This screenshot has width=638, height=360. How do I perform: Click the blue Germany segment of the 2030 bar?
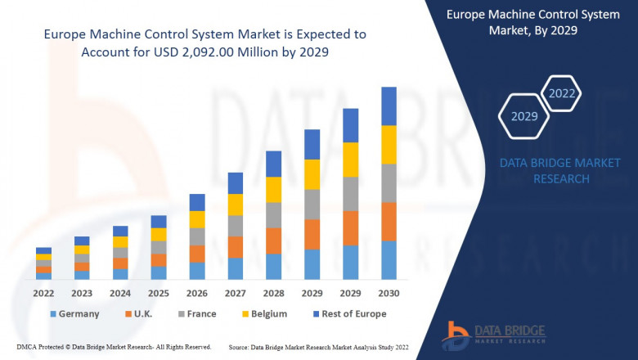(x=389, y=260)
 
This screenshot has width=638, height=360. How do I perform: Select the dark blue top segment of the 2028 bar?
(x=273, y=164)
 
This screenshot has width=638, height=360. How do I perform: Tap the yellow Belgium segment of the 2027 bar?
(x=235, y=205)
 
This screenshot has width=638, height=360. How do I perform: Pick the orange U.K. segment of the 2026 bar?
(x=197, y=254)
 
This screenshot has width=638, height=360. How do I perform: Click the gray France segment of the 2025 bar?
(x=159, y=247)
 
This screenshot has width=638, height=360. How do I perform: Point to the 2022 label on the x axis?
(x=44, y=293)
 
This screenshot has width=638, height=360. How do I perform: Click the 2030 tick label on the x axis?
(x=389, y=293)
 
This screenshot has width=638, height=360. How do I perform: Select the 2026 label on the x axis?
(x=197, y=293)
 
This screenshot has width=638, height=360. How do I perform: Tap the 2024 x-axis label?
(x=120, y=293)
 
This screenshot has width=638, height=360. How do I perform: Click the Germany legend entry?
(x=74, y=313)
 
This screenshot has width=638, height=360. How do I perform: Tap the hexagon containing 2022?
(x=562, y=93)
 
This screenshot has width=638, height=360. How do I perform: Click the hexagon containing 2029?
(x=524, y=116)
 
